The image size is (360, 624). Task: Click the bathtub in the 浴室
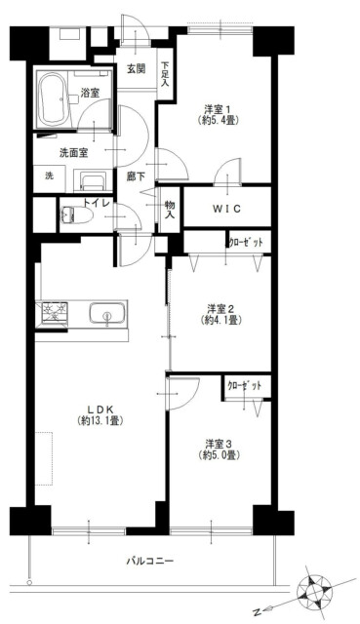(54, 99)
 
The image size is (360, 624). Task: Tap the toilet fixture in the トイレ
(76, 215)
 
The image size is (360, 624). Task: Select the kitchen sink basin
(106, 314)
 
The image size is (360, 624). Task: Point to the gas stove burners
(52, 312)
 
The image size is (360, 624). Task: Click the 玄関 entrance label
(136, 69)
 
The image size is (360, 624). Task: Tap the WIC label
(226, 208)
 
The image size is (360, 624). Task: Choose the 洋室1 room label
(219, 109)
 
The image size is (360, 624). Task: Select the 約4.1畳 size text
(221, 320)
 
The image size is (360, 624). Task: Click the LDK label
(100, 409)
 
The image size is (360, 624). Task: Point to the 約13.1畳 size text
(100, 420)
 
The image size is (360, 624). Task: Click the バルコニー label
(150, 562)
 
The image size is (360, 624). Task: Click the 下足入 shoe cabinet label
(165, 74)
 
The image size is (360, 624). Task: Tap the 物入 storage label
(170, 210)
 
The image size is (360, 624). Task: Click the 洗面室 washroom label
(74, 153)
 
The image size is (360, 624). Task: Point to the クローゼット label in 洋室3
(245, 386)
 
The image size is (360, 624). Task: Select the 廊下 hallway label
(136, 176)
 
